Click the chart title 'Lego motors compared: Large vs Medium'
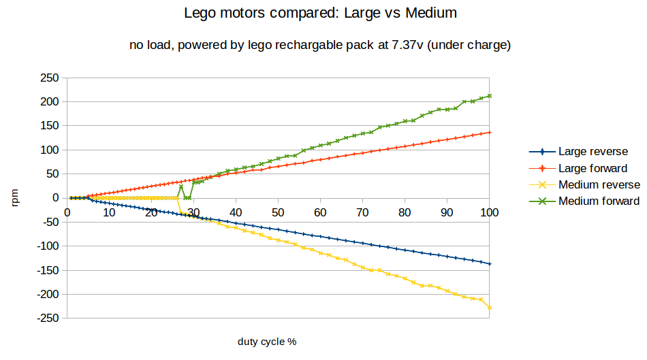tap(321, 13)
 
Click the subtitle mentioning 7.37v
tap(321, 46)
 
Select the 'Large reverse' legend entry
tap(593, 152)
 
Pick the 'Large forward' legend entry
tap(593, 168)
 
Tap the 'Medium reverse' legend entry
tap(599, 184)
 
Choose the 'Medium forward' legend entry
tap(599, 201)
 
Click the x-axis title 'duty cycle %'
tap(267, 341)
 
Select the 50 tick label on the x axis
tap(278, 212)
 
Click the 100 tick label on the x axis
tap(489, 212)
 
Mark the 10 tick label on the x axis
tap(109, 212)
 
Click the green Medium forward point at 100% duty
tap(490, 96)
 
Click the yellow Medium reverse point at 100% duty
tap(490, 308)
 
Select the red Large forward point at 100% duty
tap(490, 133)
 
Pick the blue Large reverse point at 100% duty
tap(490, 264)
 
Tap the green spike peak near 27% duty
tap(181, 186)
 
